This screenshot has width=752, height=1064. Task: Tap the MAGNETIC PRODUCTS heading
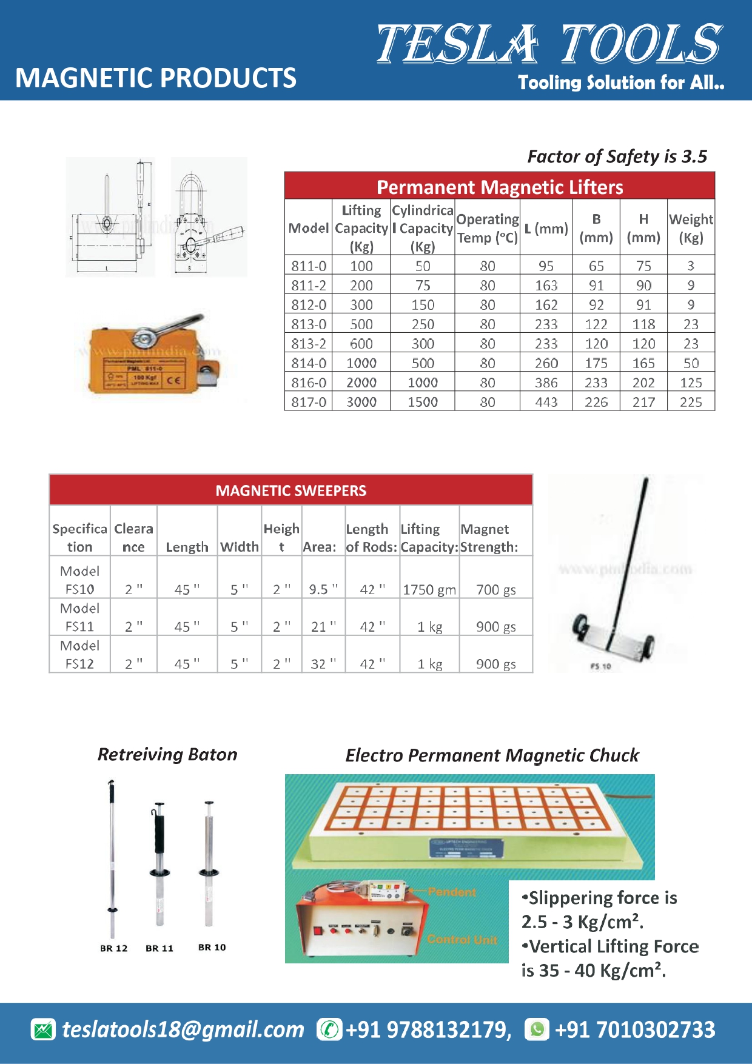[x=156, y=78]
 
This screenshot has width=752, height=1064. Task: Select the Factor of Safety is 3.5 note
[x=617, y=157]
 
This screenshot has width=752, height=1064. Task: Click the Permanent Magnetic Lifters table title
[x=499, y=187]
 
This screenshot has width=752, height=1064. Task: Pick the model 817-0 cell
[x=309, y=402]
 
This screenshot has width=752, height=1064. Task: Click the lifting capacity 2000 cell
[x=361, y=383]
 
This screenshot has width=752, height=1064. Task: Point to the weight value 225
[x=691, y=402]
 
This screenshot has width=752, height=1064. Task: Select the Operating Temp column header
[x=487, y=228]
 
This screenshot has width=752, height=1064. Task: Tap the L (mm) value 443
[x=546, y=402]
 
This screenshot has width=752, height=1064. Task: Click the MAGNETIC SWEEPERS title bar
[x=290, y=490]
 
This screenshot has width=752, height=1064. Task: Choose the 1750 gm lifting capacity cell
[x=429, y=589]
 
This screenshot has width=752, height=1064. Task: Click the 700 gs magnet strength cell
[x=495, y=589]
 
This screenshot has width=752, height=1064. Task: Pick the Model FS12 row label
[x=79, y=655]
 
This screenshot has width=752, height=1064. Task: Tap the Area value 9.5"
[x=323, y=589]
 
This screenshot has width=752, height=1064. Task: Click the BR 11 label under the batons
[x=159, y=948]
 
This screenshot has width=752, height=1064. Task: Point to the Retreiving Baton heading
[x=167, y=755]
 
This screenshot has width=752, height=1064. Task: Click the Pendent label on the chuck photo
[x=452, y=892]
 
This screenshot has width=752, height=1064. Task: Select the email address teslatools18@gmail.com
[x=183, y=1029]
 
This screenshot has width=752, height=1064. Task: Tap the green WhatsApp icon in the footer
[x=537, y=1029]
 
